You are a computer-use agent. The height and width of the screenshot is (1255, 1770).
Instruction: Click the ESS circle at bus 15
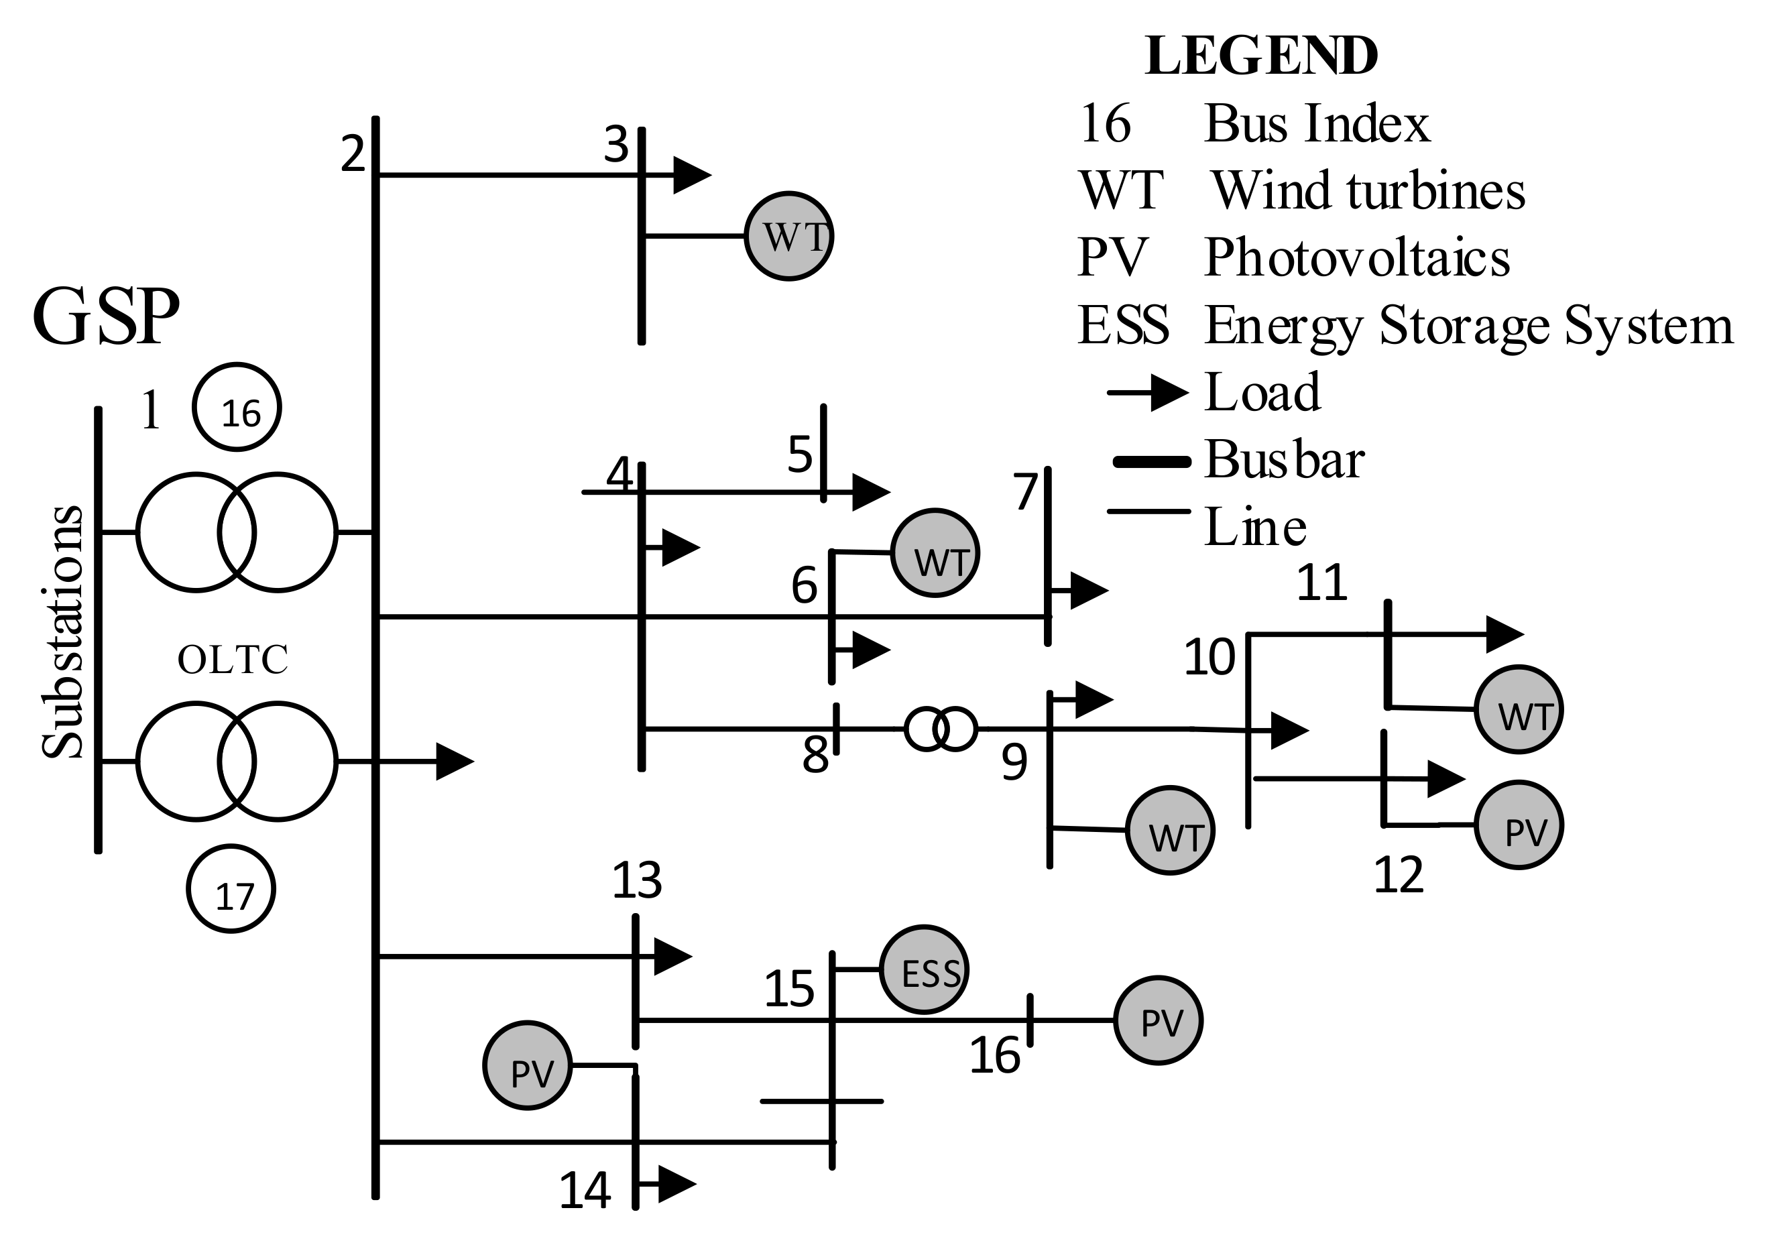click(x=924, y=969)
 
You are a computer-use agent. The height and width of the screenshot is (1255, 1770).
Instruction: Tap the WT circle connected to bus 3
click(x=788, y=236)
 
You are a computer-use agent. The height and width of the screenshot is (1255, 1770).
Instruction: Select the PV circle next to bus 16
click(x=1158, y=1020)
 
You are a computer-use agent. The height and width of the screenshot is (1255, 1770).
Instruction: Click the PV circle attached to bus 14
click(x=528, y=1066)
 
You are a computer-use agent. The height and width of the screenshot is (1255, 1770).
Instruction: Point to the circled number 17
click(x=231, y=889)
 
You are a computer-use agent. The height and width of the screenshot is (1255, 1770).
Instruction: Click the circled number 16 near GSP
click(x=237, y=407)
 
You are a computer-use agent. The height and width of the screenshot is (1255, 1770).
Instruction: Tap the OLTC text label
click(x=233, y=660)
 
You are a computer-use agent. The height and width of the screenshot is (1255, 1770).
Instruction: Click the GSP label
click(x=106, y=318)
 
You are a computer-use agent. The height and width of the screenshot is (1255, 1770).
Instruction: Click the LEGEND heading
click(x=1260, y=56)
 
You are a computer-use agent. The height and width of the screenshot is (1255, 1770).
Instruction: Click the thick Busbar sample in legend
click(x=1151, y=462)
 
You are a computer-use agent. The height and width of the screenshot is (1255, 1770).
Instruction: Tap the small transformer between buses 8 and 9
click(x=941, y=729)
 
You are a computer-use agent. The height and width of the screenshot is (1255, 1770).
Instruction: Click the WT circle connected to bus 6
click(x=935, y=552)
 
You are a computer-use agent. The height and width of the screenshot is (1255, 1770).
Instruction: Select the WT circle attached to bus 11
click(x=1518, y=709)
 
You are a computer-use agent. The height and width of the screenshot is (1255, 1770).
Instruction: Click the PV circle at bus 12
click(x=1518, y=825)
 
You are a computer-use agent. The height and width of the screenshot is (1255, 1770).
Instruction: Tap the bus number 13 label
click(x=637, y=880)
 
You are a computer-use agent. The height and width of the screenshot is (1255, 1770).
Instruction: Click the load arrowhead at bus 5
click(x=870, y=491)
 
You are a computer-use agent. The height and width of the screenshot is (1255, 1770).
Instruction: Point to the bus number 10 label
click(x=1209, y=658)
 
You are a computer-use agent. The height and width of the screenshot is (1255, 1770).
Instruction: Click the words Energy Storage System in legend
click(x=1468, y=325)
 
